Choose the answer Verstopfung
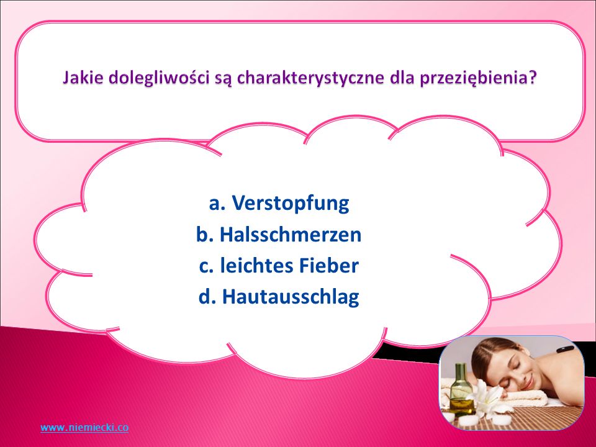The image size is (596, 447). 291,203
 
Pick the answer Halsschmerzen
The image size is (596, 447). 291,234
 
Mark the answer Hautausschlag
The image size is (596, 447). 291,297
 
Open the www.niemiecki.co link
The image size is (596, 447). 84,428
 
